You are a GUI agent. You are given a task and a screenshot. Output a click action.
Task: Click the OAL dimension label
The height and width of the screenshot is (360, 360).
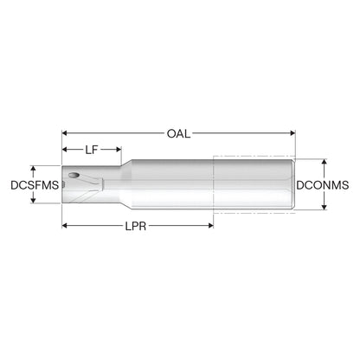tap(178, 133)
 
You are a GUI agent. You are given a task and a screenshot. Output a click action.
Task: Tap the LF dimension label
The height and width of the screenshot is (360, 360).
tap(92, 150)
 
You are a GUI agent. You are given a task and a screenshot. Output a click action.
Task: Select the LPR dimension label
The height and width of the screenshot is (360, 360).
tap(136, 226)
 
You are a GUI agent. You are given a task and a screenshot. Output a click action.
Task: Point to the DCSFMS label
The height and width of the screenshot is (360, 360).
tap(35, 185)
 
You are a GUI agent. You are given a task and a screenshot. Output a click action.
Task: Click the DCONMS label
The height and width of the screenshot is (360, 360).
tap(323, 185)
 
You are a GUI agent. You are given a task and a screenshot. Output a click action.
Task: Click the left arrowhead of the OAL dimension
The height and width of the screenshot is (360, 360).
tap(65, 133)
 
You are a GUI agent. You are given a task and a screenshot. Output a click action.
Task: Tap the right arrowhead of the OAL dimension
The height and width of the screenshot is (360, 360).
tap(292, 133)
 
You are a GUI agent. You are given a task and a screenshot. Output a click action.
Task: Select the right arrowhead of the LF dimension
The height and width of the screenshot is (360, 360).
tap(119, 149)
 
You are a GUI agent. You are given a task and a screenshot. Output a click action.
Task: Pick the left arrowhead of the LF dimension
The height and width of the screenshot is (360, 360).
tap(65, 149)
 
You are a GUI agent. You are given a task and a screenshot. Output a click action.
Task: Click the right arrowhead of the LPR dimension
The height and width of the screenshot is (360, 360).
tap(210, 226)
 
